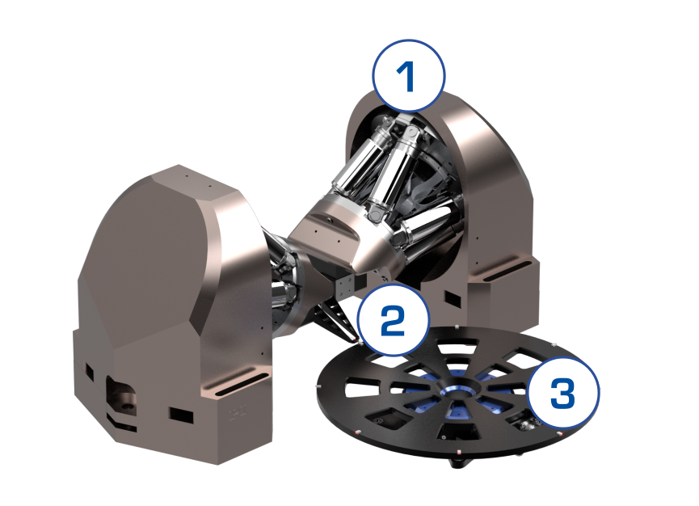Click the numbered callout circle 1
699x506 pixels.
[x=409, y=75]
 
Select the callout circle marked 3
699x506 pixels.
[x=563, y=393]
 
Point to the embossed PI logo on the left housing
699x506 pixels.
[x=238, y=414]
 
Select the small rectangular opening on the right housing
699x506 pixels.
[x=453, y=299]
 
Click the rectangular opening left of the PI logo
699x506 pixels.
[x=181, y=415]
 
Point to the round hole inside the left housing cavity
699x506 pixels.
[x=128, y=407]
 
